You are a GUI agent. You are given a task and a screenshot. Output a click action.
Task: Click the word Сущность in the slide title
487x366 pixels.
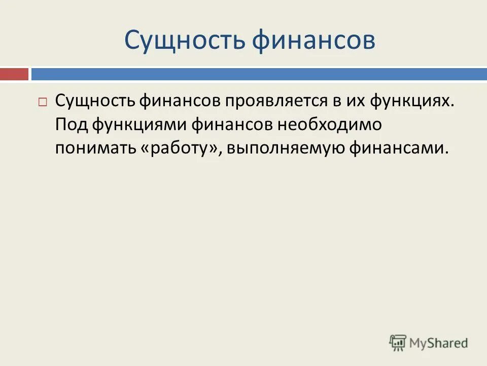184,41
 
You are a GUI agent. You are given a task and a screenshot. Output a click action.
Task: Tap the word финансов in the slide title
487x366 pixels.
314,41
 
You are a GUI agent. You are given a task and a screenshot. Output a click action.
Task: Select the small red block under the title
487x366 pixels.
14,74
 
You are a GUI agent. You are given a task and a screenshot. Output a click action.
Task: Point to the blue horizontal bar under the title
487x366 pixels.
259,74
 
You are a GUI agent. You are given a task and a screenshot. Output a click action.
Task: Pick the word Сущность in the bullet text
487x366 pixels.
93,101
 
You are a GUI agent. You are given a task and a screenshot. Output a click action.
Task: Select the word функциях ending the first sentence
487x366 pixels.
410,101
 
